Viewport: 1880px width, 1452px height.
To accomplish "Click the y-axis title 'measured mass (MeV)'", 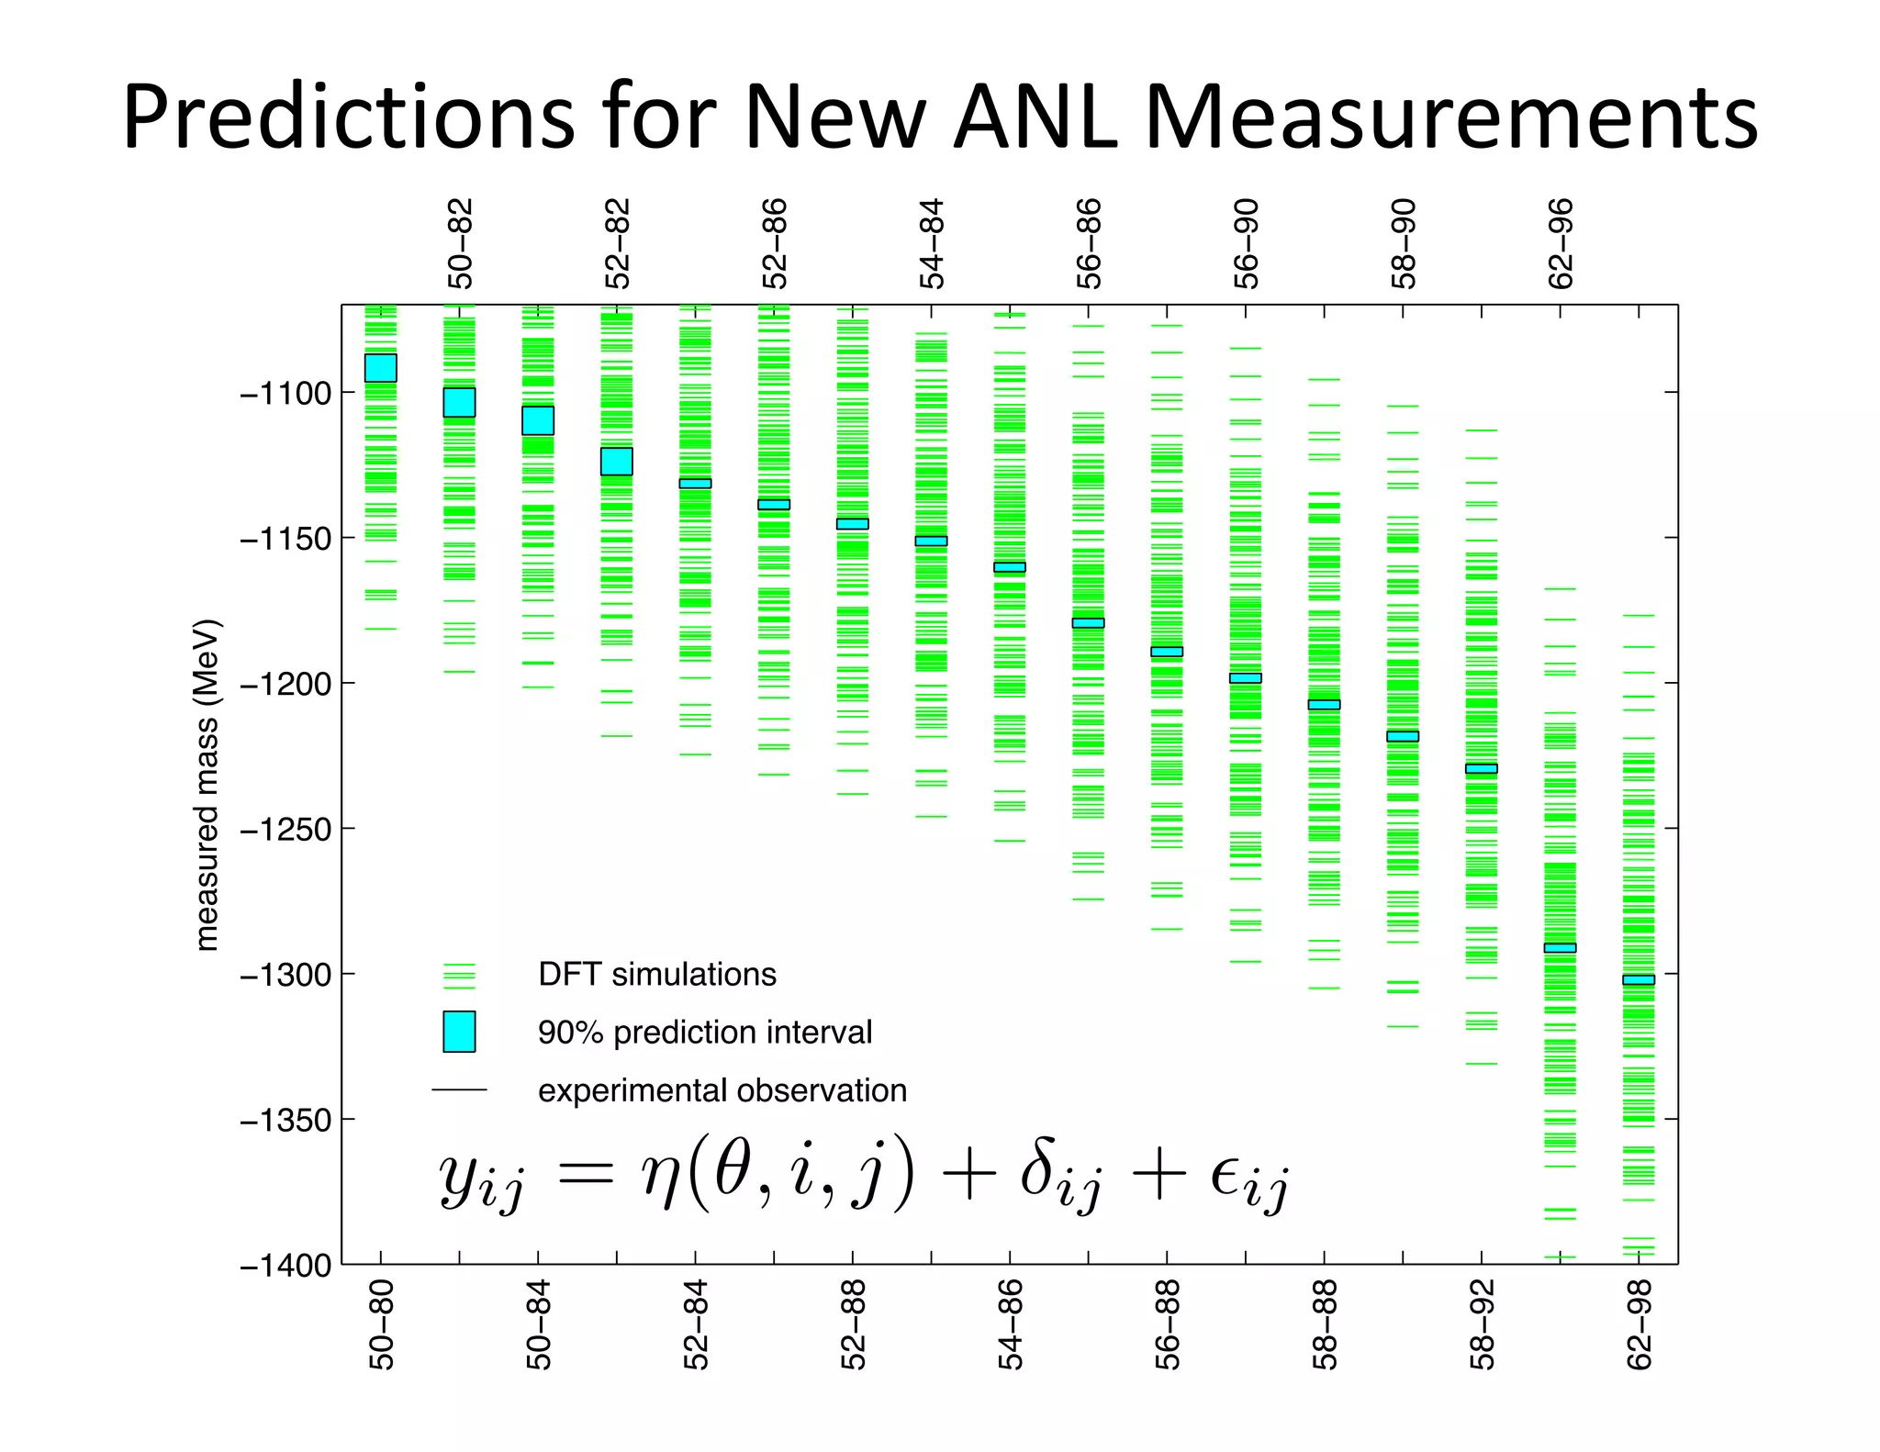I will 207,785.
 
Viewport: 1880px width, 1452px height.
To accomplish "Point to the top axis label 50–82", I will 460,244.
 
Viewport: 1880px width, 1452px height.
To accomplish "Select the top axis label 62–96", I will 1561,244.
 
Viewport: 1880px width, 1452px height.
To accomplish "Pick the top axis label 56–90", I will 1246,244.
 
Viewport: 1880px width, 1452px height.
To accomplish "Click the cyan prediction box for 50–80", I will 381,368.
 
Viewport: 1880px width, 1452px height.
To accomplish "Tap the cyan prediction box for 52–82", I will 617,462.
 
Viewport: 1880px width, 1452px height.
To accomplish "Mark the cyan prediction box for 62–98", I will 1639,980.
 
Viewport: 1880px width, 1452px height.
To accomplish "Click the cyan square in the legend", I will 459,1032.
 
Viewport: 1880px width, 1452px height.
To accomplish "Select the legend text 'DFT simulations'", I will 657,974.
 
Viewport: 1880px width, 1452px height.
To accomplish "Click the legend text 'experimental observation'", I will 722,1090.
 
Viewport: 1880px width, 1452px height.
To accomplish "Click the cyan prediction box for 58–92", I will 1482,769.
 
